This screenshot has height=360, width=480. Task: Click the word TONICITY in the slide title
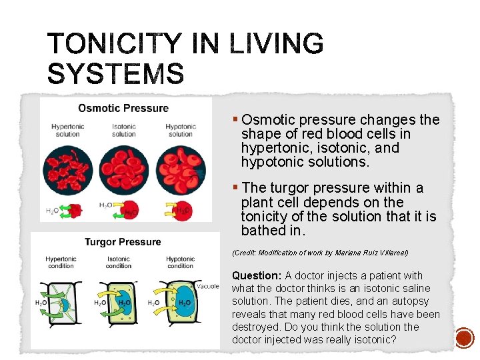point(113,45)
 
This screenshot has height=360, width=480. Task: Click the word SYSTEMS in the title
point(115,73)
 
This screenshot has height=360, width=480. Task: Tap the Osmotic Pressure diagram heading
point(123,108)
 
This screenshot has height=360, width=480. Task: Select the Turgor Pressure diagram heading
point(123,241)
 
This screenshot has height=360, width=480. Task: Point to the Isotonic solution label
point(123,130)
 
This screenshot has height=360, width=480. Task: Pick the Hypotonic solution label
point(180,130)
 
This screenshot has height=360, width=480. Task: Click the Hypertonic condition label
point(61,262)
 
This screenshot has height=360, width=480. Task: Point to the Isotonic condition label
point(119,262)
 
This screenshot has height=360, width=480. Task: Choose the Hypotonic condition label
point(180,262)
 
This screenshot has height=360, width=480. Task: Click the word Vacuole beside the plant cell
point(207,286)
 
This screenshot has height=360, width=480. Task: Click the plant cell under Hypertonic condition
point(63,303)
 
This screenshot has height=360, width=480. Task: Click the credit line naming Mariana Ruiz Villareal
point(320,253)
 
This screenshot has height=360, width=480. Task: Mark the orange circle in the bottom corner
point(464,338)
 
